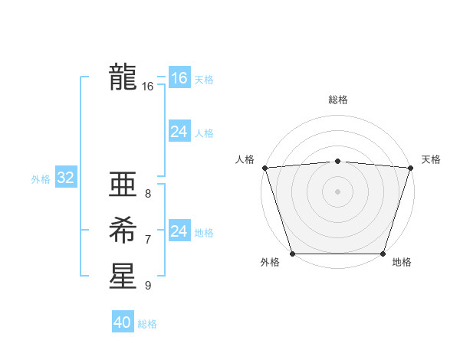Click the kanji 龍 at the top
coord(123,77)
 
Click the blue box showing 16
coord(179,78)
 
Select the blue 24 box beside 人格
coord(179,132)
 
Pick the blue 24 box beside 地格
coord(179,231)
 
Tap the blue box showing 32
coord(65,178)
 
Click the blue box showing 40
coord(122,322)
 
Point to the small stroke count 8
coord(148,194)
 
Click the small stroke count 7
coord(148,240)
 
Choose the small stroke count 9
coord(148,286)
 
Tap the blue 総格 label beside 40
coord(147,324)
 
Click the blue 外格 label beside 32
coord(41,179)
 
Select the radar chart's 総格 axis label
coord(337,100)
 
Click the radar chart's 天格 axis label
coord(431,159)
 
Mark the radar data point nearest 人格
coord(264,167)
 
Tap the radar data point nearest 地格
coord(383,253)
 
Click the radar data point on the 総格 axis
coord(337,161)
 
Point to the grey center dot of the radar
coord(337,191)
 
